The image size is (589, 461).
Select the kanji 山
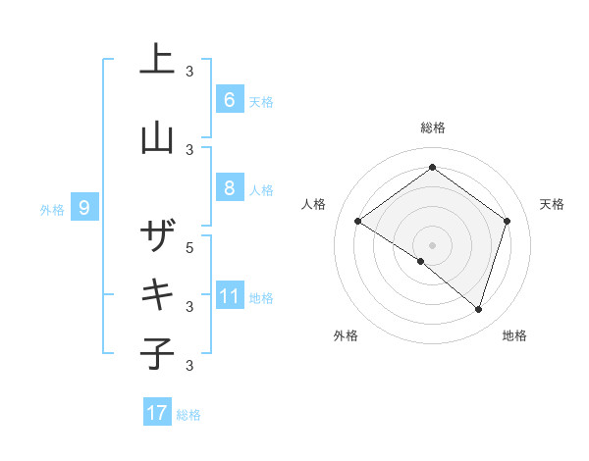coord(157,137)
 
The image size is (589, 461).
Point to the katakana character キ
coord(157,294)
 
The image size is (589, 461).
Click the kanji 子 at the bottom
coord(157,353)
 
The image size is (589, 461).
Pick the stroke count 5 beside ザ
coord(190,247)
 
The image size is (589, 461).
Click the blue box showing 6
coord(229,99)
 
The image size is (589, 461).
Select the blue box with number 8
coord(229,188)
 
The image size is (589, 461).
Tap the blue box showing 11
coord(229,296)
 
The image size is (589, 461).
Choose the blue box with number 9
coord(84,207)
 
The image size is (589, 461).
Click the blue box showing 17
coord(157,413)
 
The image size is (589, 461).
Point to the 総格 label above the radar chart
coord(432,128)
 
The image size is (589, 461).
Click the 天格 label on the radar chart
coord(552,204)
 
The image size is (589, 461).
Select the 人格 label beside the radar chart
coord(313,204)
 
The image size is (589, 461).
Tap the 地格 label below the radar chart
coord(513,335)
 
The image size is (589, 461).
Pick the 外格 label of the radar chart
coord(346,335)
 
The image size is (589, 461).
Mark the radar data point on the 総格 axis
coord(432,167)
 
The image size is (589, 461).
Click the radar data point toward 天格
coord(508,221)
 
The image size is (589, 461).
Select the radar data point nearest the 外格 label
coord(421,261)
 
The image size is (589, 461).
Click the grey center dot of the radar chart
coord(432,244)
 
